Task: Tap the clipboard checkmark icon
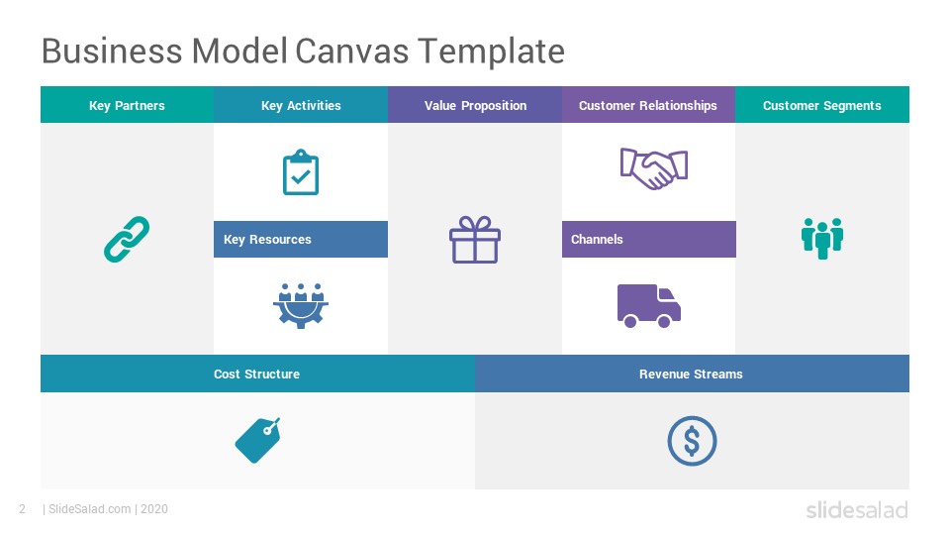[301, 172]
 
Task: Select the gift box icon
[475, 240]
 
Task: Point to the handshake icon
[654, 168]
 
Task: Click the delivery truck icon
[649, 306]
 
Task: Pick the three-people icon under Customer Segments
[822, 239]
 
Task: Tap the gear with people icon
[301, 306]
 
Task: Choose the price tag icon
[257, 440]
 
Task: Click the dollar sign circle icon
[692, 441]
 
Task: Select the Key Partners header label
[127, 106]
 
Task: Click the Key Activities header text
[301, 106]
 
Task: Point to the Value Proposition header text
[476, 106]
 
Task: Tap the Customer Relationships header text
[647, 106]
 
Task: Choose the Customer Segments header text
[822, 106]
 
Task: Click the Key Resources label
[267, 240]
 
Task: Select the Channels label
[597, 239]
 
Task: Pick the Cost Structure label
[257, 374]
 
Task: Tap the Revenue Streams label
[691, 374]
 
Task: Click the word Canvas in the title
[352, 51]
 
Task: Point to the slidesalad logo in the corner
[857, 510]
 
